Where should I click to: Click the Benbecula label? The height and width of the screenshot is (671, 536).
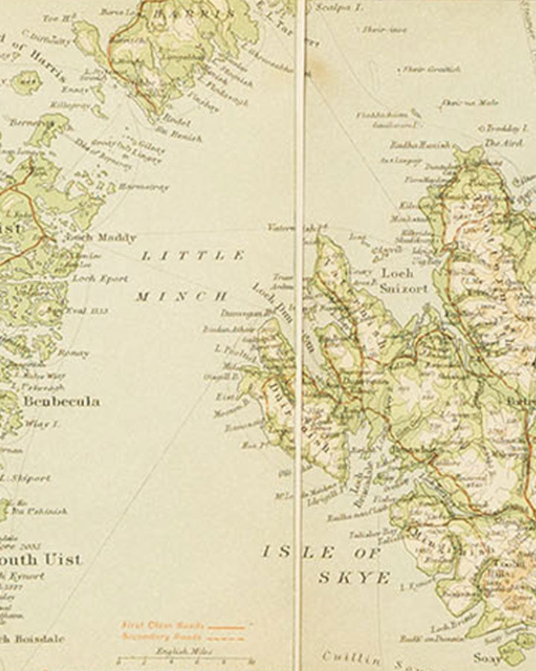coord(61,401)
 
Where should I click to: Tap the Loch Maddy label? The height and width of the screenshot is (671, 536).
coord(100,238)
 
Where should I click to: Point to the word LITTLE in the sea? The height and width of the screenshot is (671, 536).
coord(193,256)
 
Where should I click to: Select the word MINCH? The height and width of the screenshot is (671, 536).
coord(182,296)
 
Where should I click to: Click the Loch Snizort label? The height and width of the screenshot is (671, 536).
coord(404,280)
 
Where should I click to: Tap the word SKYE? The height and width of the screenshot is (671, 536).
coord(354,577)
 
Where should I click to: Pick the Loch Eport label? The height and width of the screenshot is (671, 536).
coord(100,278)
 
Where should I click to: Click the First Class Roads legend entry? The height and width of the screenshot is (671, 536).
coord(153,626)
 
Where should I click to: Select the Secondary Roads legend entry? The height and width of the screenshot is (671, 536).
coord(153,637)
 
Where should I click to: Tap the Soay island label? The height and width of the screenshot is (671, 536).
coord(483,658)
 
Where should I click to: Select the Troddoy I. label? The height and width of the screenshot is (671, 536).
coord(507,128)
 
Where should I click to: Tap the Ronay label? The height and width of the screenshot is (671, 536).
coord(74,353)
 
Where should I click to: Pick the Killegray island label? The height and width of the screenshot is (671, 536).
coord(67,107)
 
